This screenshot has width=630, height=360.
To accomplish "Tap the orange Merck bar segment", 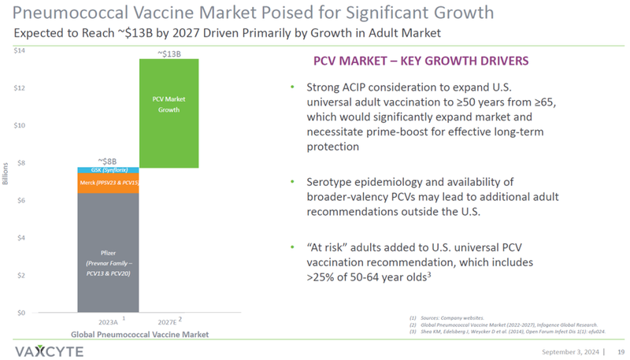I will coord(108,183).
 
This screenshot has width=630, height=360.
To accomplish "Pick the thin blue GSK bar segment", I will coord(108,170).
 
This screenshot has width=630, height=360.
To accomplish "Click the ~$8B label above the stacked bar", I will coord(108,160).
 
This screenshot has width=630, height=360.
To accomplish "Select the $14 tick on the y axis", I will coord(20,51).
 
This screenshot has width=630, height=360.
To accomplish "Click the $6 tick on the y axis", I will coord(20,200).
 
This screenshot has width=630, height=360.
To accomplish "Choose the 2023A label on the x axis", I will coord(108,322).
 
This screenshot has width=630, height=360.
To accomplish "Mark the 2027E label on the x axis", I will coord(167,322).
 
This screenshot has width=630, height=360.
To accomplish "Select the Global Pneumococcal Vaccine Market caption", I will coord(139,334).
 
